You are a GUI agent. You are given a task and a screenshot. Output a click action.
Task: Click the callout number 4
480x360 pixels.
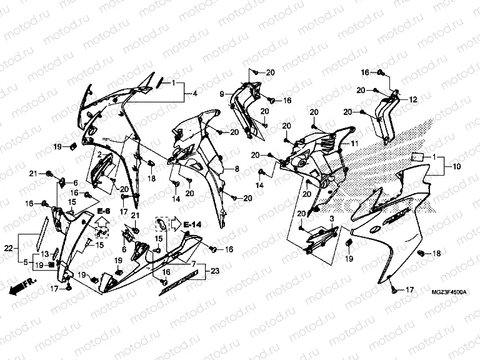(x=194, y=93)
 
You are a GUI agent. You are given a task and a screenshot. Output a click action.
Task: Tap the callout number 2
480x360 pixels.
(x=99, y=154)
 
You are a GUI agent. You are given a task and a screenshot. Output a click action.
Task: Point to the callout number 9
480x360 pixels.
(x=221, y=94)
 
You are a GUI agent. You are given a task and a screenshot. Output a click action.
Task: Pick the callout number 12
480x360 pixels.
(x=412, y=99)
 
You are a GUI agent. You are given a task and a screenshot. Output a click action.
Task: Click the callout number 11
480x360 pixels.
(x=354, y=144)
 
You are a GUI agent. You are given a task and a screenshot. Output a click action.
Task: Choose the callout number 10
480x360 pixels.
(x=456, y=167)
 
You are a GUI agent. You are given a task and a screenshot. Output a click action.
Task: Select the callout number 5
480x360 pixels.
(x=26, y=261)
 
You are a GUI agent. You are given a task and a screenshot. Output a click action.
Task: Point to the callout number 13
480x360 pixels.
(x=45, y=254)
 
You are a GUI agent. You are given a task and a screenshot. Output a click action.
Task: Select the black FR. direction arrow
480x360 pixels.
(x=21, y=287)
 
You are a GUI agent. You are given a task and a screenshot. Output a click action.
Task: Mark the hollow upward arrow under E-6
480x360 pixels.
(x=104, y=222)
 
